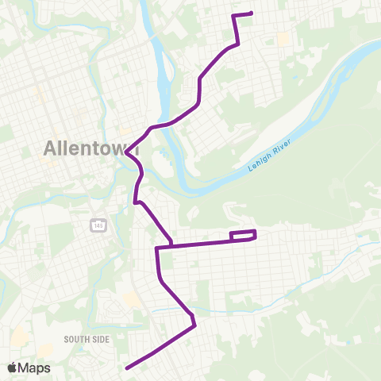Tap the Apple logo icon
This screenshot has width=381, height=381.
(12, 368)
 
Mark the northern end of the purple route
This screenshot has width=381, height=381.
(251, 13)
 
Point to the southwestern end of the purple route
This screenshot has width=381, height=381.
(127, 368)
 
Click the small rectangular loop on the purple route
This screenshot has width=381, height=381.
(243, 235)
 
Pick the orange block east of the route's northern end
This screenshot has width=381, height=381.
(283, 38)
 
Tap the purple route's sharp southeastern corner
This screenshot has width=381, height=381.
(194, 323)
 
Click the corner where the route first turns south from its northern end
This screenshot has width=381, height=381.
(233, 16)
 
